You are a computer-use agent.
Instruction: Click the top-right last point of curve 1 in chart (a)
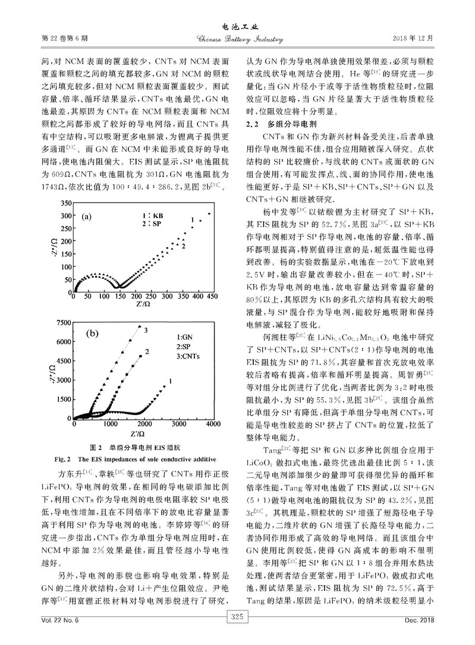coord(209,213)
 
